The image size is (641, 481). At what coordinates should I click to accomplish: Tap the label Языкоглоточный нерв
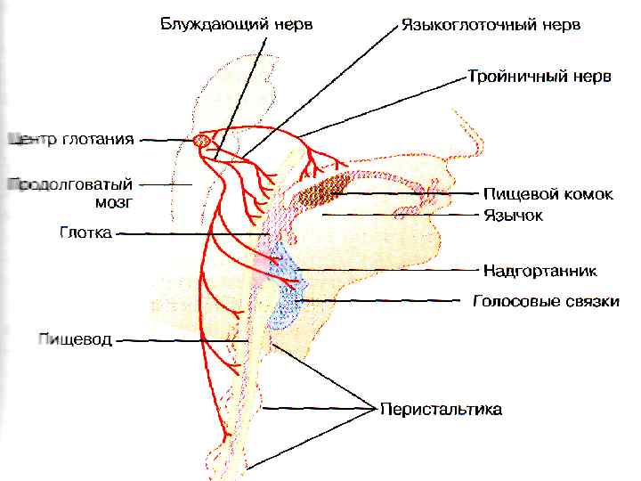[x=491, y=25]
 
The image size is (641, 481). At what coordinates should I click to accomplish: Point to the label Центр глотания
[x=71, y=139]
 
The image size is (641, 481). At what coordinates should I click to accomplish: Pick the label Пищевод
[x=75, y=339]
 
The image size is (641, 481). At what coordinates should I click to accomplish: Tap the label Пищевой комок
[x=548, y=194]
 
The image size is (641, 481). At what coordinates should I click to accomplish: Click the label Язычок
[x=513, y=215]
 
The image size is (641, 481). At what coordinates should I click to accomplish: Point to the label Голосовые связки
[x=545, y=302]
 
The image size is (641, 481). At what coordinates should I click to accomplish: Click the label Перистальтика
[x=441, y=410]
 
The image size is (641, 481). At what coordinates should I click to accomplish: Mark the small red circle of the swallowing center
[x=202, y=140]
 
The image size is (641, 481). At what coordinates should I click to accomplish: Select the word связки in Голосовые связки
[x=592, y=302]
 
